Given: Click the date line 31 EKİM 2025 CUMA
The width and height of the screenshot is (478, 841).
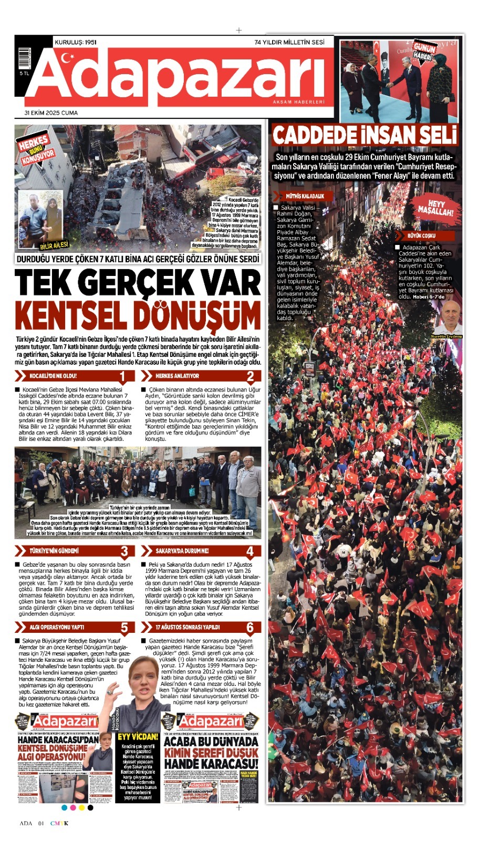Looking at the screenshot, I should (51, 112).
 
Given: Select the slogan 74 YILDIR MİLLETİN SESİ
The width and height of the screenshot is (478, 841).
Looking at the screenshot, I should (289, 42).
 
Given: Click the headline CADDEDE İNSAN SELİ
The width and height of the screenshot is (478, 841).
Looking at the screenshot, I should (365, 136).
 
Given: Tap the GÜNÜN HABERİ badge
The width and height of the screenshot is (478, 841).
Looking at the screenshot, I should (423, 52).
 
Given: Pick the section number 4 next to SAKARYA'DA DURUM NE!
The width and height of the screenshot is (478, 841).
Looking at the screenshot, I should (250, 551).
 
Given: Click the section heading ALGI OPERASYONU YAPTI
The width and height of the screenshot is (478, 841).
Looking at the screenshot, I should (56, 627).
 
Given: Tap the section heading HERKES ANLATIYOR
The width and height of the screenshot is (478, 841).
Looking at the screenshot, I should (177, 376).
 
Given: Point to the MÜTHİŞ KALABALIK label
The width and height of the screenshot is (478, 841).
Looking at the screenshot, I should (305, 196).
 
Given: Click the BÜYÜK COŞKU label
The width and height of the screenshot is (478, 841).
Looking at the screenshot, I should (421, 235).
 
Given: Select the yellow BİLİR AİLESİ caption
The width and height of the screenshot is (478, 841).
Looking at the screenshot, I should (54, 245).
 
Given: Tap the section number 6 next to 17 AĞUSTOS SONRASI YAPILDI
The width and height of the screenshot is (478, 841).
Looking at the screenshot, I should (250, 627).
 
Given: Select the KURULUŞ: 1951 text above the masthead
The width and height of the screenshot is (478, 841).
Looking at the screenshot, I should (75, 42).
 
